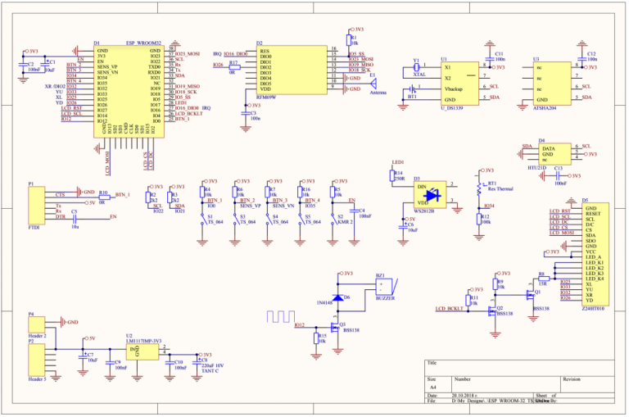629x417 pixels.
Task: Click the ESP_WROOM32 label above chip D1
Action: (143, 43)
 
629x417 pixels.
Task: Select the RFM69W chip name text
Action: (266, 96)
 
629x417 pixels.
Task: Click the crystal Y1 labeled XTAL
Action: (417, 67)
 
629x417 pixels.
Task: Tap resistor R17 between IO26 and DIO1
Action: (233, 65)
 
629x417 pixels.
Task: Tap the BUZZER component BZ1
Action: (382, 288)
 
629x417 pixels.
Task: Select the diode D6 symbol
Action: (337, 298)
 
